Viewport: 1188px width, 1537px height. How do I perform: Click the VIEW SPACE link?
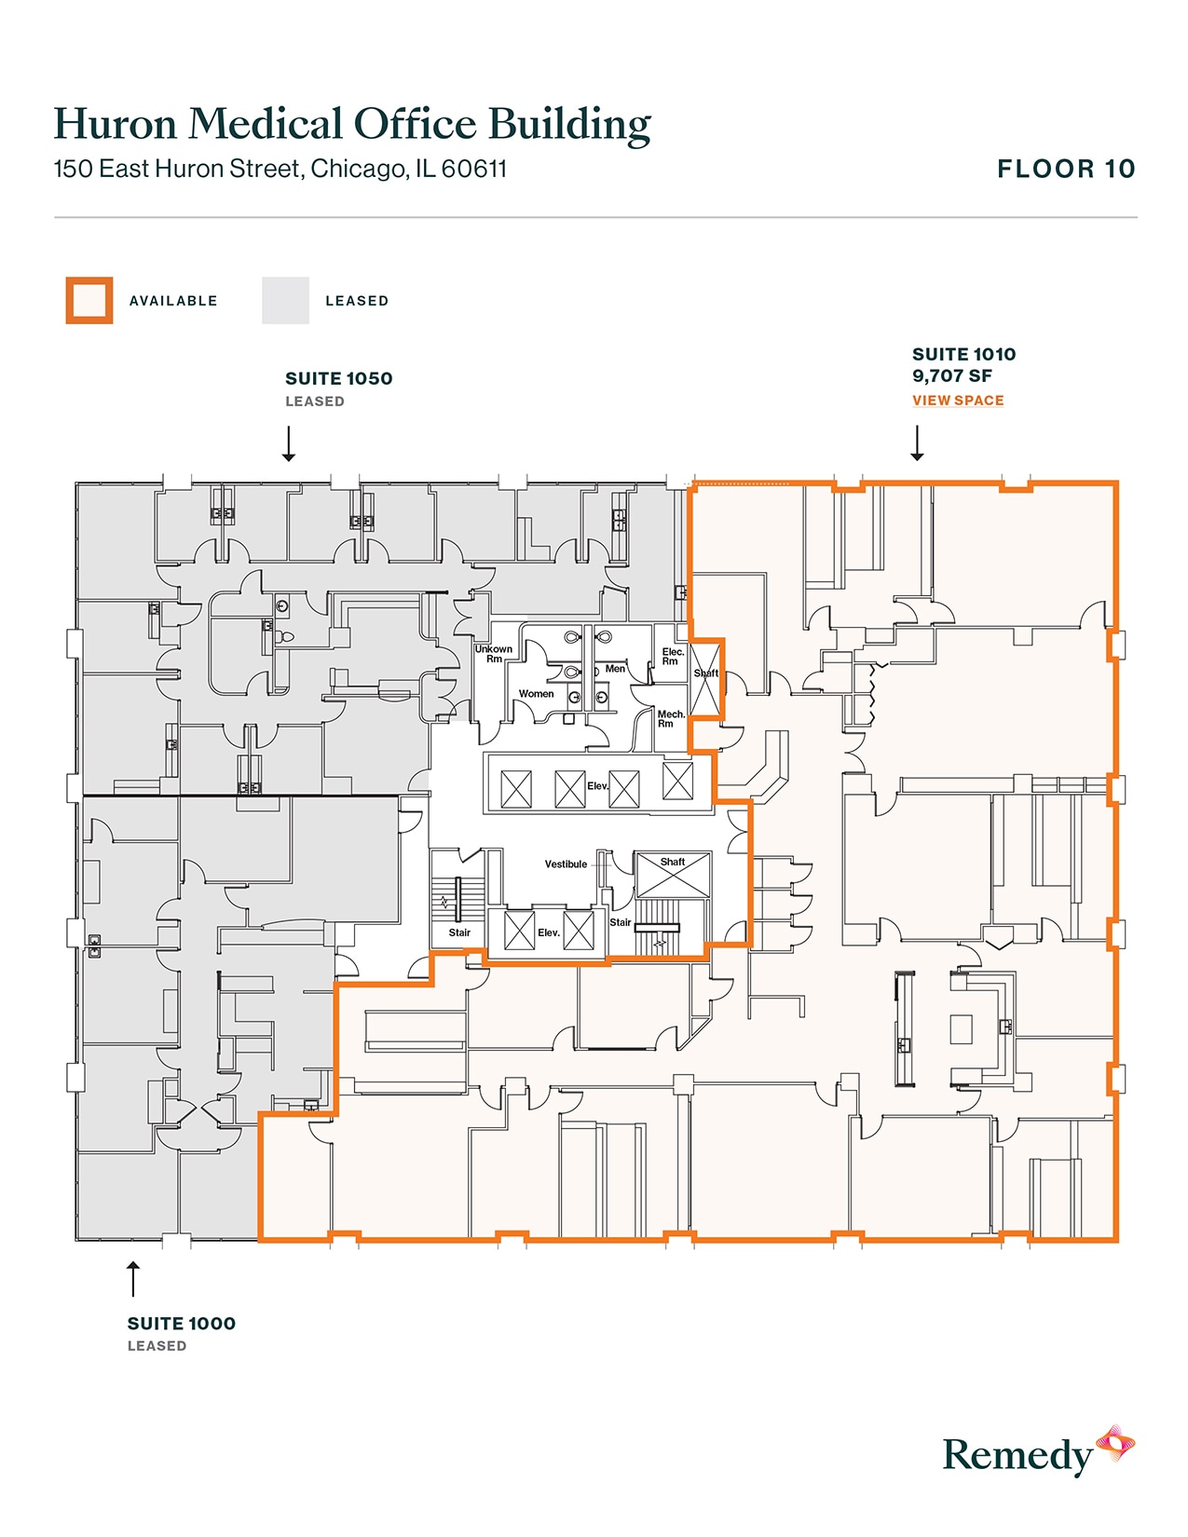(x=957, y=401)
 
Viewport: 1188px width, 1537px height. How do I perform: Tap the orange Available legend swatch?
(x=89, y=301)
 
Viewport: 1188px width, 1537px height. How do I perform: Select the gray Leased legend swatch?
(x=285, y=301)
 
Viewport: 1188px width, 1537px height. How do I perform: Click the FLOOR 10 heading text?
(x=1066, y=170)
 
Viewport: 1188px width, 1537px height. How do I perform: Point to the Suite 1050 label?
(x=338, y=379)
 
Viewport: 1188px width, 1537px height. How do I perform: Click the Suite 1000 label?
(x=181, y=1324)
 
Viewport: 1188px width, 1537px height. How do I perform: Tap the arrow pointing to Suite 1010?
(x=918, y=443)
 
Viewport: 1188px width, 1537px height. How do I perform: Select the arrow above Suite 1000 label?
(x=133, y=1279)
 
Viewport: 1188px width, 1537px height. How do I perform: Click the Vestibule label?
(x=566, y=864)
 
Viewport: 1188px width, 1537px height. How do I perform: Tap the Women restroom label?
(x=536, y=694)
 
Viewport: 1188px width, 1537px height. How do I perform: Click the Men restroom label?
(x=615, y=669)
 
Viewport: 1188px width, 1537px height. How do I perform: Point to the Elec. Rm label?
(x=672, y=657)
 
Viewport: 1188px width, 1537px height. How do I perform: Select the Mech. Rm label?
(x=670, y=719)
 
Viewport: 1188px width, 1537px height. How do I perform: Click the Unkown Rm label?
(x=493, y=654)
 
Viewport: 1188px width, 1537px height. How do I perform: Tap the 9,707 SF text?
(x=951, y=376)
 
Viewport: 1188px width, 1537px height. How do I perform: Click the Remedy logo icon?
(x=1114, y=1445)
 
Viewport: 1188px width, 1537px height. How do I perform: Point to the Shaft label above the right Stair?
(x=672, y=863)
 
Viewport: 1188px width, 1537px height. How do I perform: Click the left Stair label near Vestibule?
(x=459, y=932)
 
